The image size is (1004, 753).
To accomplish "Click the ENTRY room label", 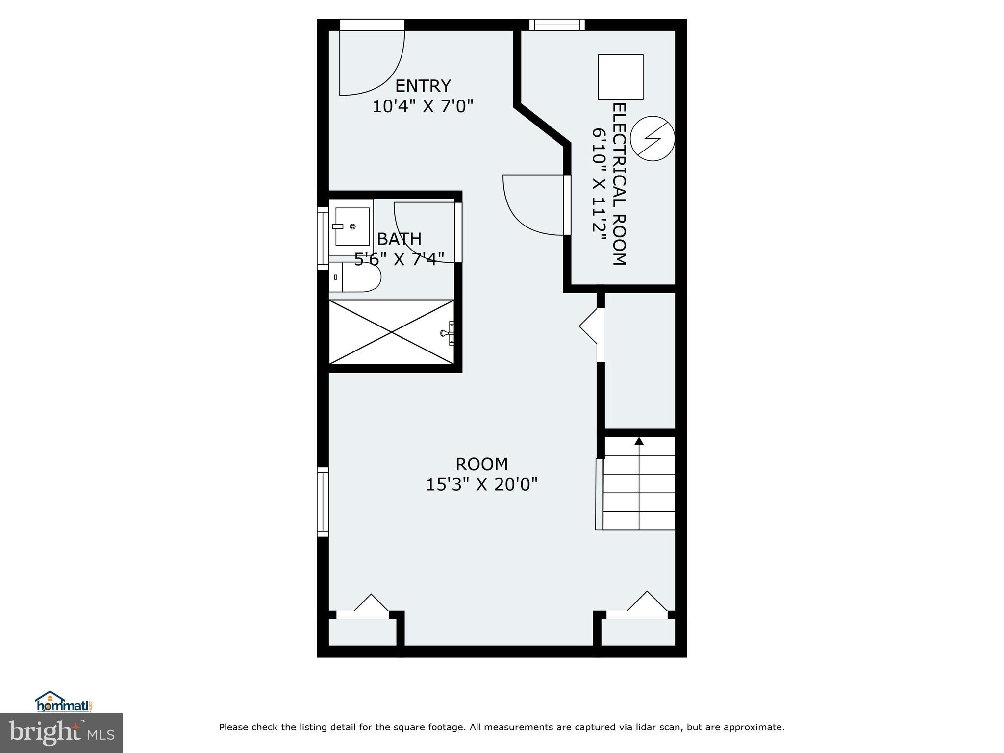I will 423,86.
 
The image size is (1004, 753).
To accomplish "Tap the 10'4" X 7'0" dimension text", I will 423,106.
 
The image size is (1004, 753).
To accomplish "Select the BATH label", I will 399,239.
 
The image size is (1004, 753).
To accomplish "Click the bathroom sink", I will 352,226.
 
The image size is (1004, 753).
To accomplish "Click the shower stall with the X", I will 391,332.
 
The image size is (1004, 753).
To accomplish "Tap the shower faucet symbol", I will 448,333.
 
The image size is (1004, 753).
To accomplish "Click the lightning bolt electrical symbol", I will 653,138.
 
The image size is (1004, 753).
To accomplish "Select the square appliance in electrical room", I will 620,77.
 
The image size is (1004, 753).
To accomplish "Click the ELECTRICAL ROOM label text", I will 619,184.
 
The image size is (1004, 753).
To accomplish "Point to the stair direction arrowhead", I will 639,441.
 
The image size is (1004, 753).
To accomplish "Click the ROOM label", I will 481,464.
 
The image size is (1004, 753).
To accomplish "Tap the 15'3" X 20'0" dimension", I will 481,485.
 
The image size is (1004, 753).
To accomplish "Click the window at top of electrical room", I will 557,25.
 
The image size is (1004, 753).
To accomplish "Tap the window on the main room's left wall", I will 323,502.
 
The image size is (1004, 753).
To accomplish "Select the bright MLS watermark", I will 61,732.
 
